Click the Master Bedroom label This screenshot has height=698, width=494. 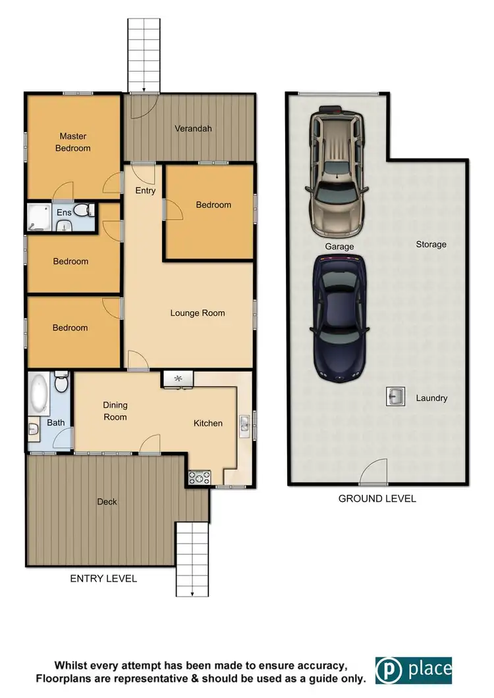point(73,142)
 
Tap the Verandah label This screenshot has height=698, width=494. point(193,128)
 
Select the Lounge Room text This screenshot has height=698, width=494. point(198,313)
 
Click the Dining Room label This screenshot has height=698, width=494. point(115,411)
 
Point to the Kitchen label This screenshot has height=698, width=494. point(207,423)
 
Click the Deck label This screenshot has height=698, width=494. point(107,501)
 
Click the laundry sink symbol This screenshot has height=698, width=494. point(396,397)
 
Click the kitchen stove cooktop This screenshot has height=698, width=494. point(199,478)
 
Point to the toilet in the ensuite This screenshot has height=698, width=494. point(82,211)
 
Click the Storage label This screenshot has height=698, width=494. point(431,244)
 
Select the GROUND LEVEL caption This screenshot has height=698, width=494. point(377,499)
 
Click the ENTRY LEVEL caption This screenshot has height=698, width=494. point(103,579)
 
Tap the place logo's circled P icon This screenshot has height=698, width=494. point(389,670)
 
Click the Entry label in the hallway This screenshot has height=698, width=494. point(145,191)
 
